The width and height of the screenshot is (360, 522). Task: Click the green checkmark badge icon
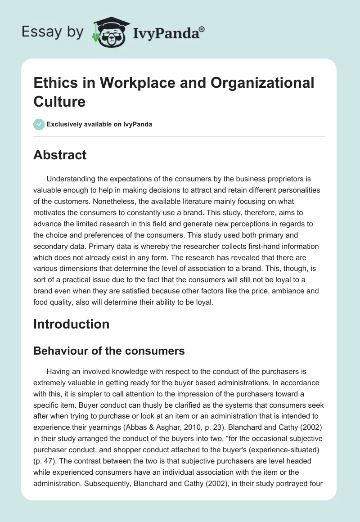pyautogui.click(x=39, y=124)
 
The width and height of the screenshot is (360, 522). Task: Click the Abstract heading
pyautogui.click(x=60, y=155)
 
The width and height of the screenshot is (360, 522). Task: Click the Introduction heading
pyautogui.click(x=71, y=324)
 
